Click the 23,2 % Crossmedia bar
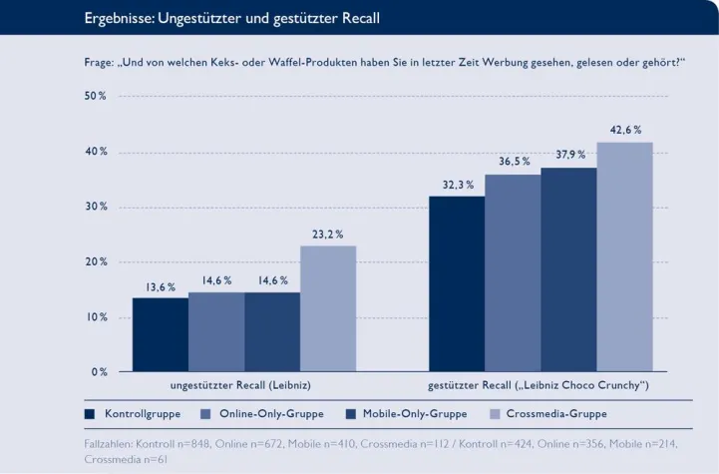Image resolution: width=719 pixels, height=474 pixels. tap(328, 308)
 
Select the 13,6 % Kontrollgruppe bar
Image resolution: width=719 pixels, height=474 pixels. tap(161, 334)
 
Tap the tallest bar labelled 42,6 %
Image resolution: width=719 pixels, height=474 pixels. tap(624, 256)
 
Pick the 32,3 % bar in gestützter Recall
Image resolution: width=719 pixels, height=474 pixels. tap(457, 283)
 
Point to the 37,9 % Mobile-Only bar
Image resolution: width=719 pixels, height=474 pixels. tap(568, 269)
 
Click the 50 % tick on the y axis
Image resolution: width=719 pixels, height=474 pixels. tap(96, 96)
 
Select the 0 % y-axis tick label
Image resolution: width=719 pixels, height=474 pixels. tap(99, 372)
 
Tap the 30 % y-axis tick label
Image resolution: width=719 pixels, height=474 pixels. tap(96, 207)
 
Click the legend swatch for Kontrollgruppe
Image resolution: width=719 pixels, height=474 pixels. tap(90, 413)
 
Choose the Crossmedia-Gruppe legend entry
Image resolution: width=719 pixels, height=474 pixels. tap(555, 413)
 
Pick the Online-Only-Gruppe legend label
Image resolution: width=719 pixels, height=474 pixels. tap(270, 413)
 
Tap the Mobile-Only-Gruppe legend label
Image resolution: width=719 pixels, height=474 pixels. tap(414, 413)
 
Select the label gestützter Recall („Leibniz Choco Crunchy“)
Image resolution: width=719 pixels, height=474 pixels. tap(539, 384)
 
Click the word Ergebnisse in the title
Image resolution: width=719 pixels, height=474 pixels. tap(121, 18)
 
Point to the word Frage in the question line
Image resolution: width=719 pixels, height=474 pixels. tap(100, 63)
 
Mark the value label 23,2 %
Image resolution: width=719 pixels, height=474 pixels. tap(327, 235)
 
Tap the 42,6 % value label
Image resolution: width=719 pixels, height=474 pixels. tap(624, 130)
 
